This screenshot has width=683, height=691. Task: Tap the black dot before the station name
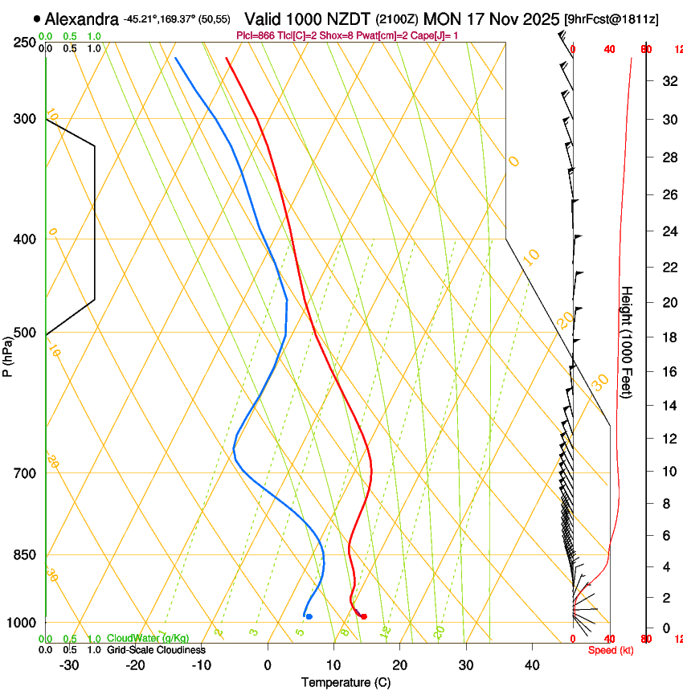37,18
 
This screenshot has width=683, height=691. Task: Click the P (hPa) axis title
8,354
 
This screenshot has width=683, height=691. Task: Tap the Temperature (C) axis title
346,682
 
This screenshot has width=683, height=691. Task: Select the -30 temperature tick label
69,664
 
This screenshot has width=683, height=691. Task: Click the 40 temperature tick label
531,664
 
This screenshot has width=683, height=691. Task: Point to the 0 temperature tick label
268,664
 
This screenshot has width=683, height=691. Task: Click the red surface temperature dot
364,616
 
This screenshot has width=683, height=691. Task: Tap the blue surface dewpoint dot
309,616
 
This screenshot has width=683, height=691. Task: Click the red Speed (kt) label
610,650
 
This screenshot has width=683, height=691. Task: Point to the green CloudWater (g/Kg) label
148,638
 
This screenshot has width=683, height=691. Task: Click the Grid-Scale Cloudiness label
156,649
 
